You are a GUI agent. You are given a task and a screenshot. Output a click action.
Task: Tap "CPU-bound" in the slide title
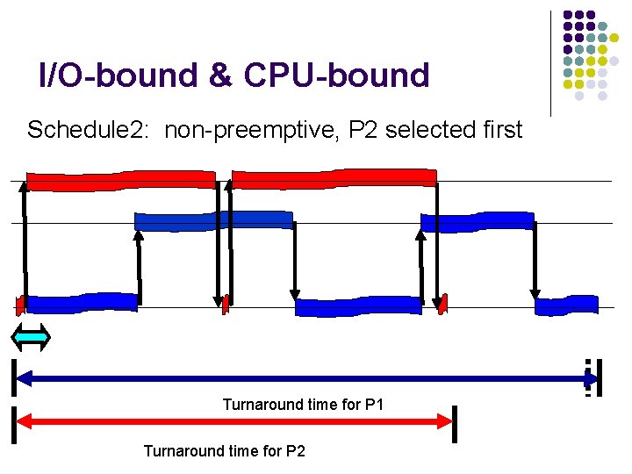337,75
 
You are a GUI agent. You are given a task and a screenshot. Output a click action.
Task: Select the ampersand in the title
220,75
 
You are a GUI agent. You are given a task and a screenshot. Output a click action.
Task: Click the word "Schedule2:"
91,131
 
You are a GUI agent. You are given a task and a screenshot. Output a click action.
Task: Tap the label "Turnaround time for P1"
303,405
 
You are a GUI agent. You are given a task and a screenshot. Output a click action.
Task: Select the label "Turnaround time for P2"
224,451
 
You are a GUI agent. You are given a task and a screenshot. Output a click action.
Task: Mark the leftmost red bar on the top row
120,180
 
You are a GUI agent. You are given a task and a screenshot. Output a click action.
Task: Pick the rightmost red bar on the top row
334,178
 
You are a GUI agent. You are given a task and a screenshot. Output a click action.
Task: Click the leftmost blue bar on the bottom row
82,303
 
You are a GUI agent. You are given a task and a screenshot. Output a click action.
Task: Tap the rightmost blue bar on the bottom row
565,306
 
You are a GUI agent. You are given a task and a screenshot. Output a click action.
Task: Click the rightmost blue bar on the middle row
477,221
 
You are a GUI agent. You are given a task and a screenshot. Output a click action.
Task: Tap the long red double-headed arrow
234,422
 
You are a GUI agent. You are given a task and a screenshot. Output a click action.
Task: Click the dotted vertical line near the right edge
588,377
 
